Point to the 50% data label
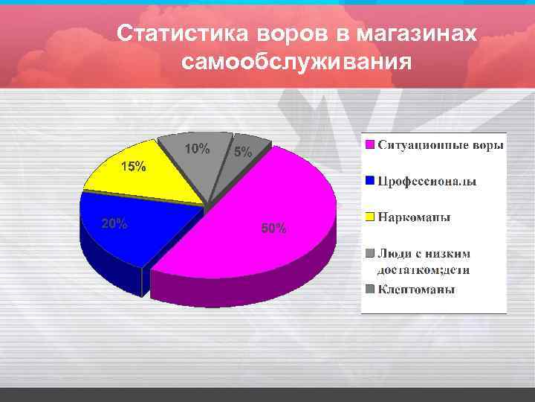pyautogui.click(x=273, y=229)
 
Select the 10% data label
pyautogui.click(x=197, y=148)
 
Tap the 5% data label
pyautogui.click(x=243, y=153)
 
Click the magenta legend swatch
pyautogui.click(x=369, y=144)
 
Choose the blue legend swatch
pyautogui.click(x=369, y=181)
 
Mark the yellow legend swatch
pyautogui.click(x=369, y=217)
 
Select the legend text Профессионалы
pyautogui.click(x=427, y=181)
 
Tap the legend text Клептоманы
pyautogui.click(x=416, y=289)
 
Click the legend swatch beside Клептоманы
pyautogui.click(x=369, y=289)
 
